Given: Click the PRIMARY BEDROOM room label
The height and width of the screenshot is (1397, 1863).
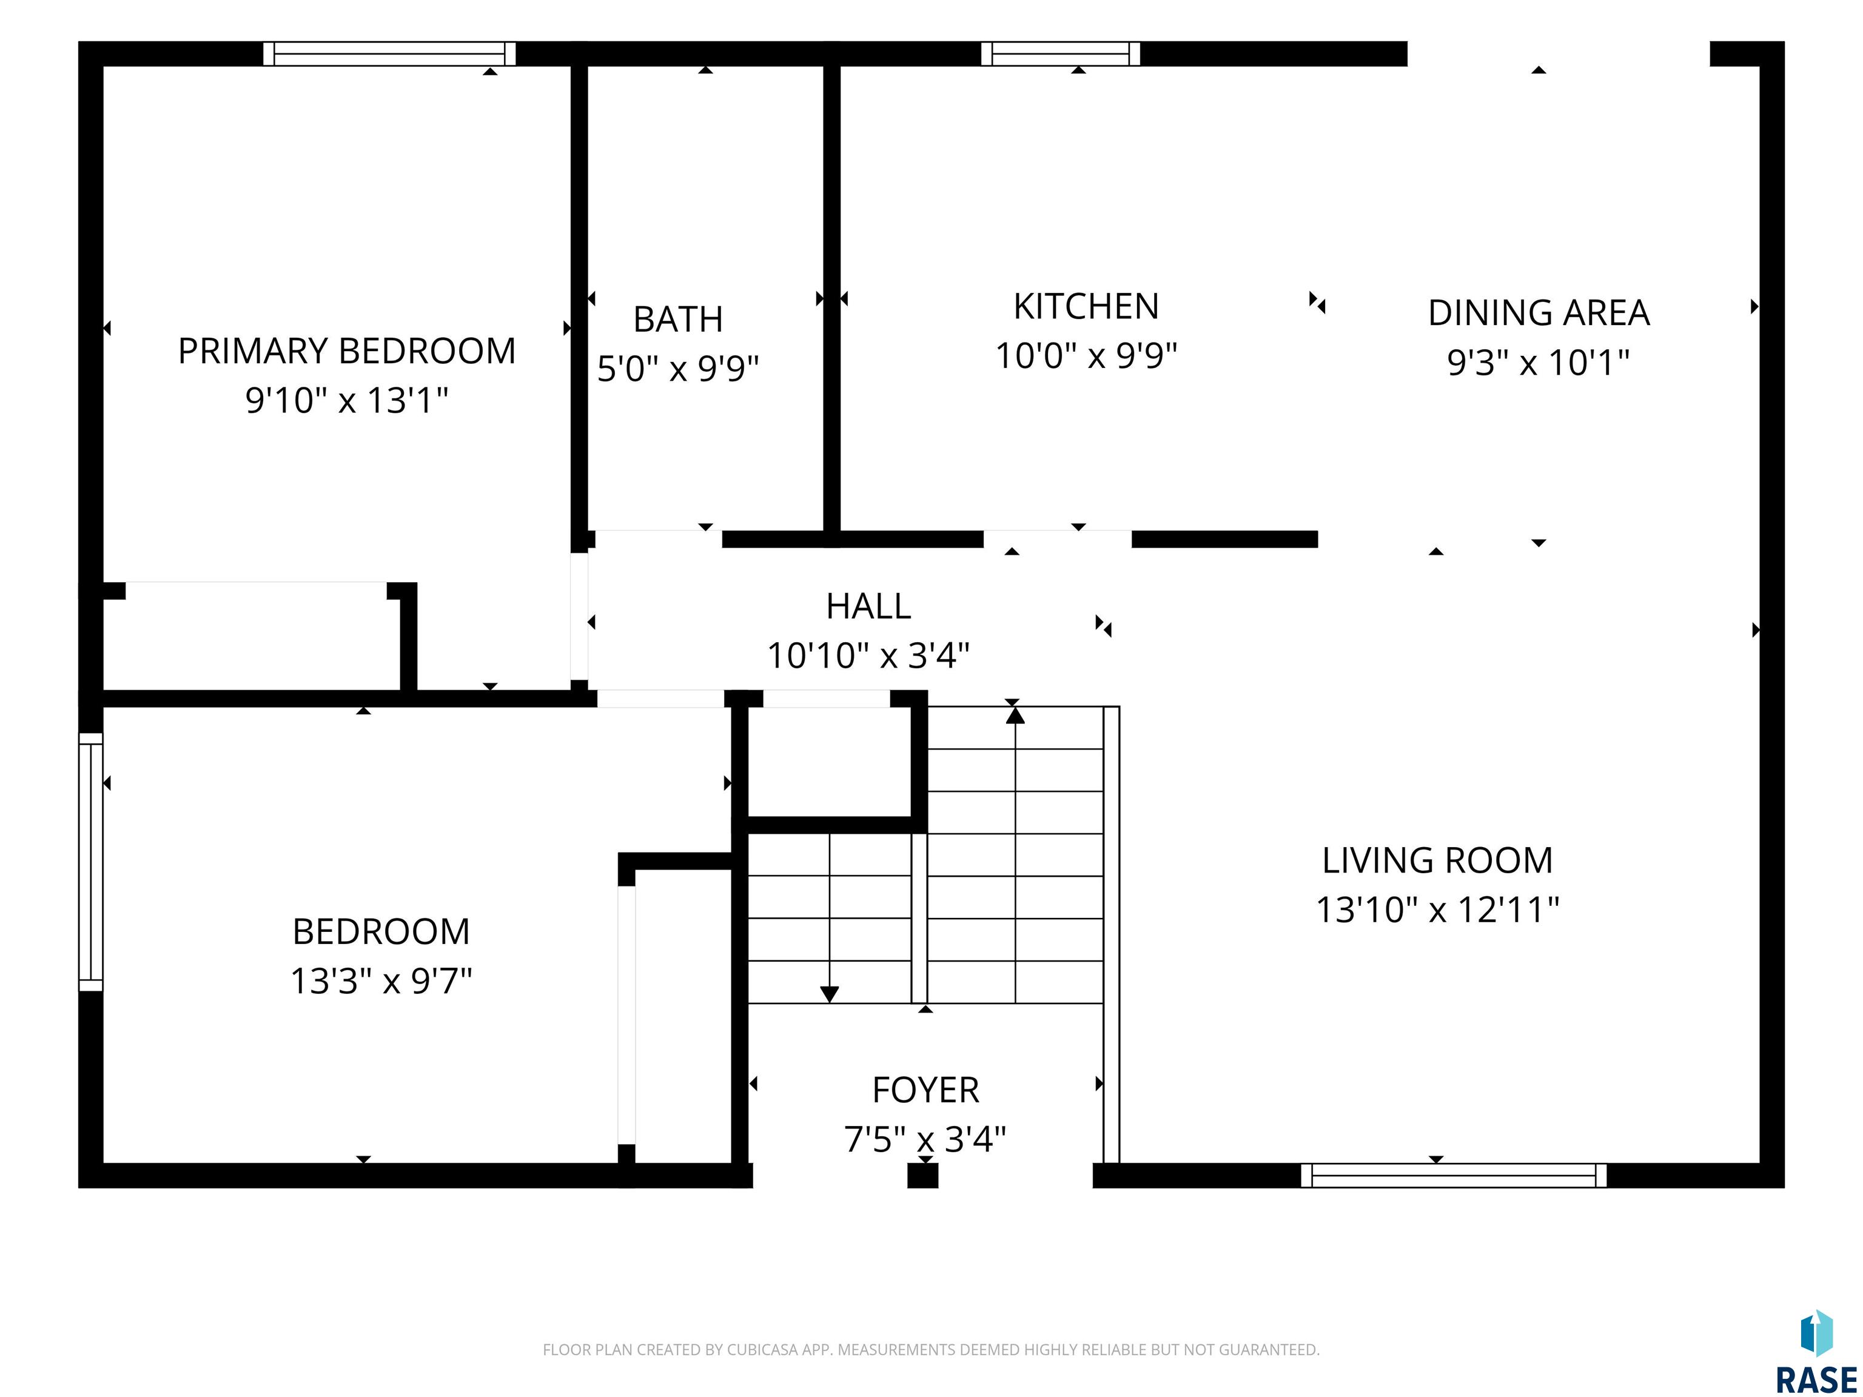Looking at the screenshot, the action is pos(347,351).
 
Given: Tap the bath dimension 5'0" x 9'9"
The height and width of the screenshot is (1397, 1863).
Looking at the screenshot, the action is pos(678,369).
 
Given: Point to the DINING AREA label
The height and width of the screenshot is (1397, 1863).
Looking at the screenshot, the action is pos(1538,313).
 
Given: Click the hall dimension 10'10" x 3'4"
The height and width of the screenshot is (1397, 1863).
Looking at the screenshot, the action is pos(868,655).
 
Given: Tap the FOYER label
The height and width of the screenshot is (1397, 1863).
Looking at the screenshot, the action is pos(925,1090).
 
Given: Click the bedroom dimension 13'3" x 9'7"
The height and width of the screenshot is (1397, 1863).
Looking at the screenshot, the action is pos(381,981).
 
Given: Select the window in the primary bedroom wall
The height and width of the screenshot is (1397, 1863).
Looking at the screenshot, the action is pos(389,54).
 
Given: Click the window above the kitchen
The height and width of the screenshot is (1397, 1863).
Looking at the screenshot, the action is pos(1060,54).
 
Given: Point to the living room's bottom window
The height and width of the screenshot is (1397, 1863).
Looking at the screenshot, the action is pos(1453,1176).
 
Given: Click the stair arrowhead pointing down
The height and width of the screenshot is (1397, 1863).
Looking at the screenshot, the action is pos(830,994).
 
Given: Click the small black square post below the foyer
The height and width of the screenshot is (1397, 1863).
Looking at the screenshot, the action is pos(923,1176).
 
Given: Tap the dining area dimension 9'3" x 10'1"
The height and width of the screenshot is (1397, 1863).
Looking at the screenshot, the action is pos(1538,363).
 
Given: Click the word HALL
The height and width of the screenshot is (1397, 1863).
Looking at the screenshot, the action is pos(868,606).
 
